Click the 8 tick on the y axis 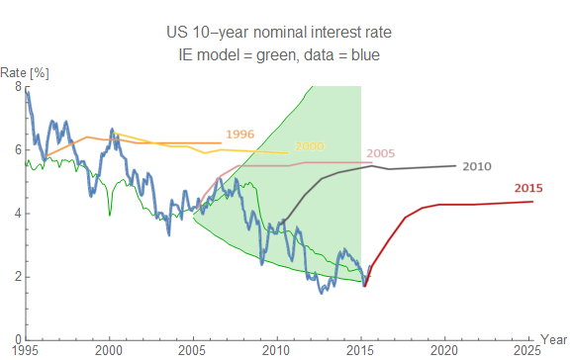pyautogui.click(x=17, y=87)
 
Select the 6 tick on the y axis pyautogui.click(x=17, y=150)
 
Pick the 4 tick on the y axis pyautogui.click(x=17, y=214)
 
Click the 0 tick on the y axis pyautogui.click(x=17, y=339)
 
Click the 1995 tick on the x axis pyautogui.click(x=27, y=350)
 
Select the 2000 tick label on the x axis pyautogui.click(x=110, y=350)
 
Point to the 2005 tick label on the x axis pyautogui.click(x=194, y=350)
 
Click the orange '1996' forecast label pyautogui.click(x=240, y=133)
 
